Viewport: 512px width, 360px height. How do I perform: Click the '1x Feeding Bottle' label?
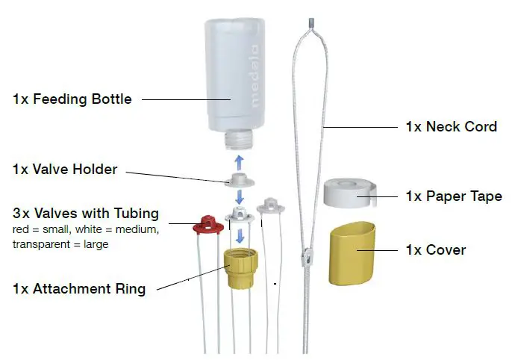coord(72,99)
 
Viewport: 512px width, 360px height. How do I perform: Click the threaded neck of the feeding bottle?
coord(240,137)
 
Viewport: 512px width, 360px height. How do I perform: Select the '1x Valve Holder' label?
coord(65,170)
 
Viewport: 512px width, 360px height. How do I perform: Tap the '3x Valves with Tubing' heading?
coord(86,214)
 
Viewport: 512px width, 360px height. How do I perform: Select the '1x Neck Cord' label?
coord(451,126)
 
